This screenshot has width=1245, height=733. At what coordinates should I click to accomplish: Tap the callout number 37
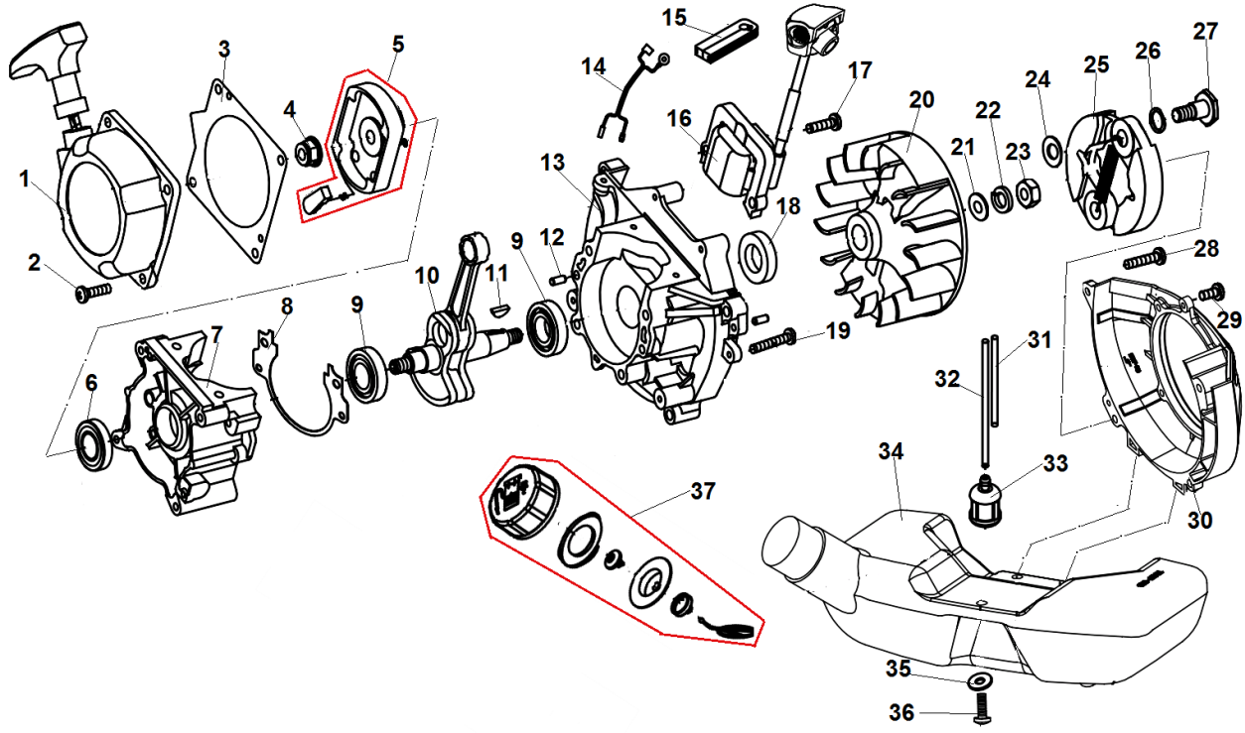click(x=703, y=491)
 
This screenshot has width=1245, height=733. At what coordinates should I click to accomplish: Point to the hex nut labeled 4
click(x=308, y=152)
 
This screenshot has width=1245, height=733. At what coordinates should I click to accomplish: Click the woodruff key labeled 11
click(x=502, y=307)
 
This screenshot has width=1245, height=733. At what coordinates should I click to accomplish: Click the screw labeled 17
click(x=825, y=124)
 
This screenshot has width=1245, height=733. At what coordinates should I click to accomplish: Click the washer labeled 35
click(x=979, y=683)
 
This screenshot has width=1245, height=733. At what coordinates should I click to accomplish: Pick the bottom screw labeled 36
click(x=979, y=711)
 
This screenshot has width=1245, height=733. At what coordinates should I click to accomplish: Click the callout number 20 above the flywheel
click(x=920, y=99)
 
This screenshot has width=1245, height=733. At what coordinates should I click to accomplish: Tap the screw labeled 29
click(x=1209, y=294)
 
